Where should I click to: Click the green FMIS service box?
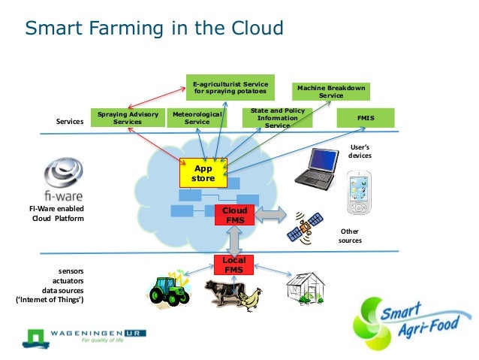pyautogui.click(x=367, y=118)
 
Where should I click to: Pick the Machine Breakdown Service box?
pyautogui.click(x=331, y=92)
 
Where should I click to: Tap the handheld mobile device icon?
pyautogui.click(x=358, y=192)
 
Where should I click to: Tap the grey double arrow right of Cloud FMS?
pyautogui.click(x=271, y=216)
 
